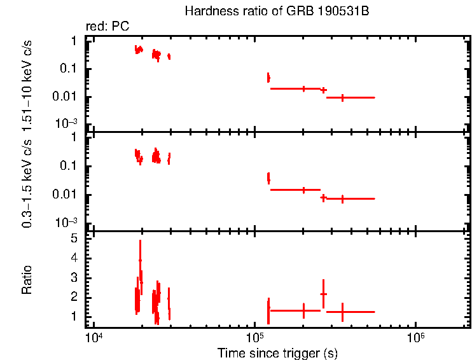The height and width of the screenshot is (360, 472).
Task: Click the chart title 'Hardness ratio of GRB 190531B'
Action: coord(276,11)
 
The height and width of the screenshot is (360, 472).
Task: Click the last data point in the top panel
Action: coord(343,97)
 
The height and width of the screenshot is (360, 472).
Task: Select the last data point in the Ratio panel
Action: coord(343,312)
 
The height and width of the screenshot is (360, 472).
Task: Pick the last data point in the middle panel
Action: coord(343,198)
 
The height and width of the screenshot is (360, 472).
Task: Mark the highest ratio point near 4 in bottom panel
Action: coord(140,260)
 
